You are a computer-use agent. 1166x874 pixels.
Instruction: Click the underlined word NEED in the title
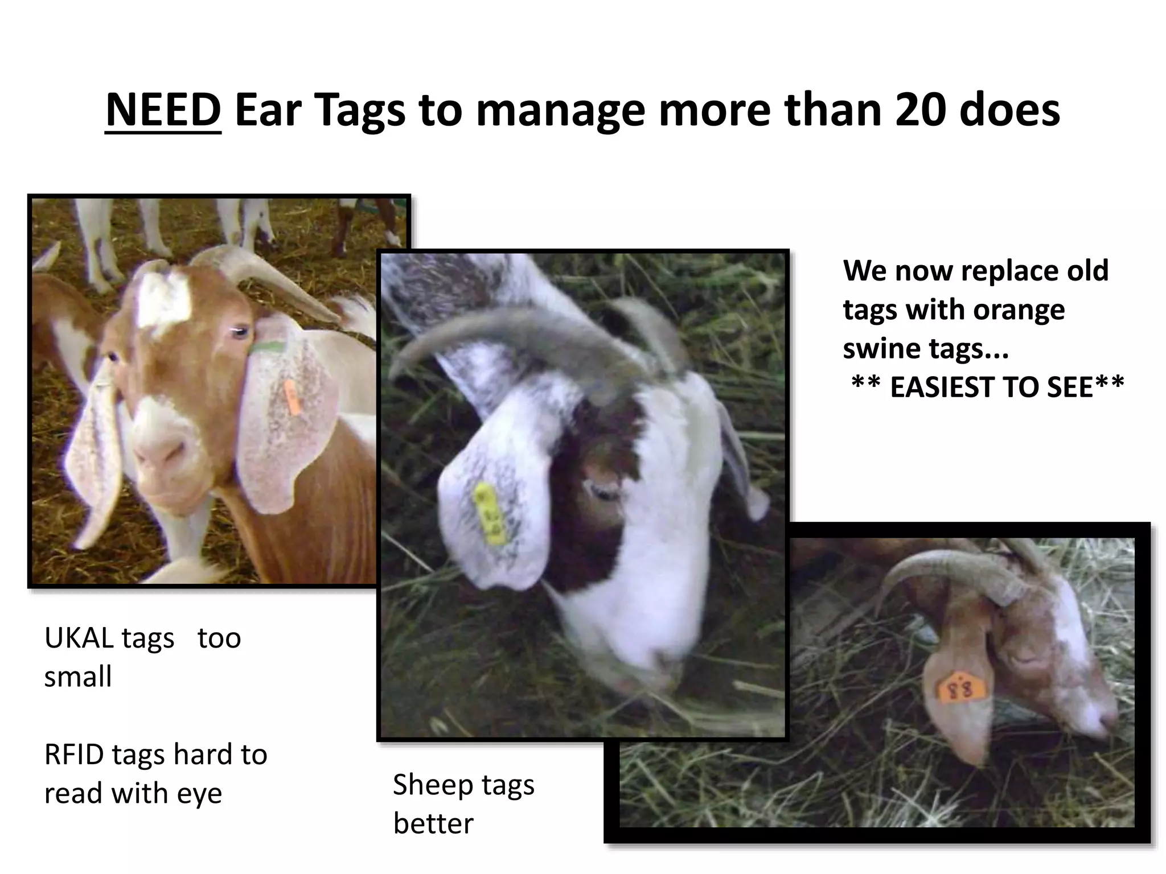click(163, 110)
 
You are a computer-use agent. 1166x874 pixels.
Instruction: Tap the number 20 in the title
click(920, 110)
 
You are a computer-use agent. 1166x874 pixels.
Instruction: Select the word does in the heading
click(1009, 110)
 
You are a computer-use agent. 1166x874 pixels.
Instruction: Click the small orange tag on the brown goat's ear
click(291, 397)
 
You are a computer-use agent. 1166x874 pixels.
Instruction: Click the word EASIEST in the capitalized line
click(952, 387)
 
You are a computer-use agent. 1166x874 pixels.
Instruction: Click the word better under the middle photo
click(433, 823)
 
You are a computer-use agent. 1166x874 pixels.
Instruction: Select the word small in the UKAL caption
click(78, 677)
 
